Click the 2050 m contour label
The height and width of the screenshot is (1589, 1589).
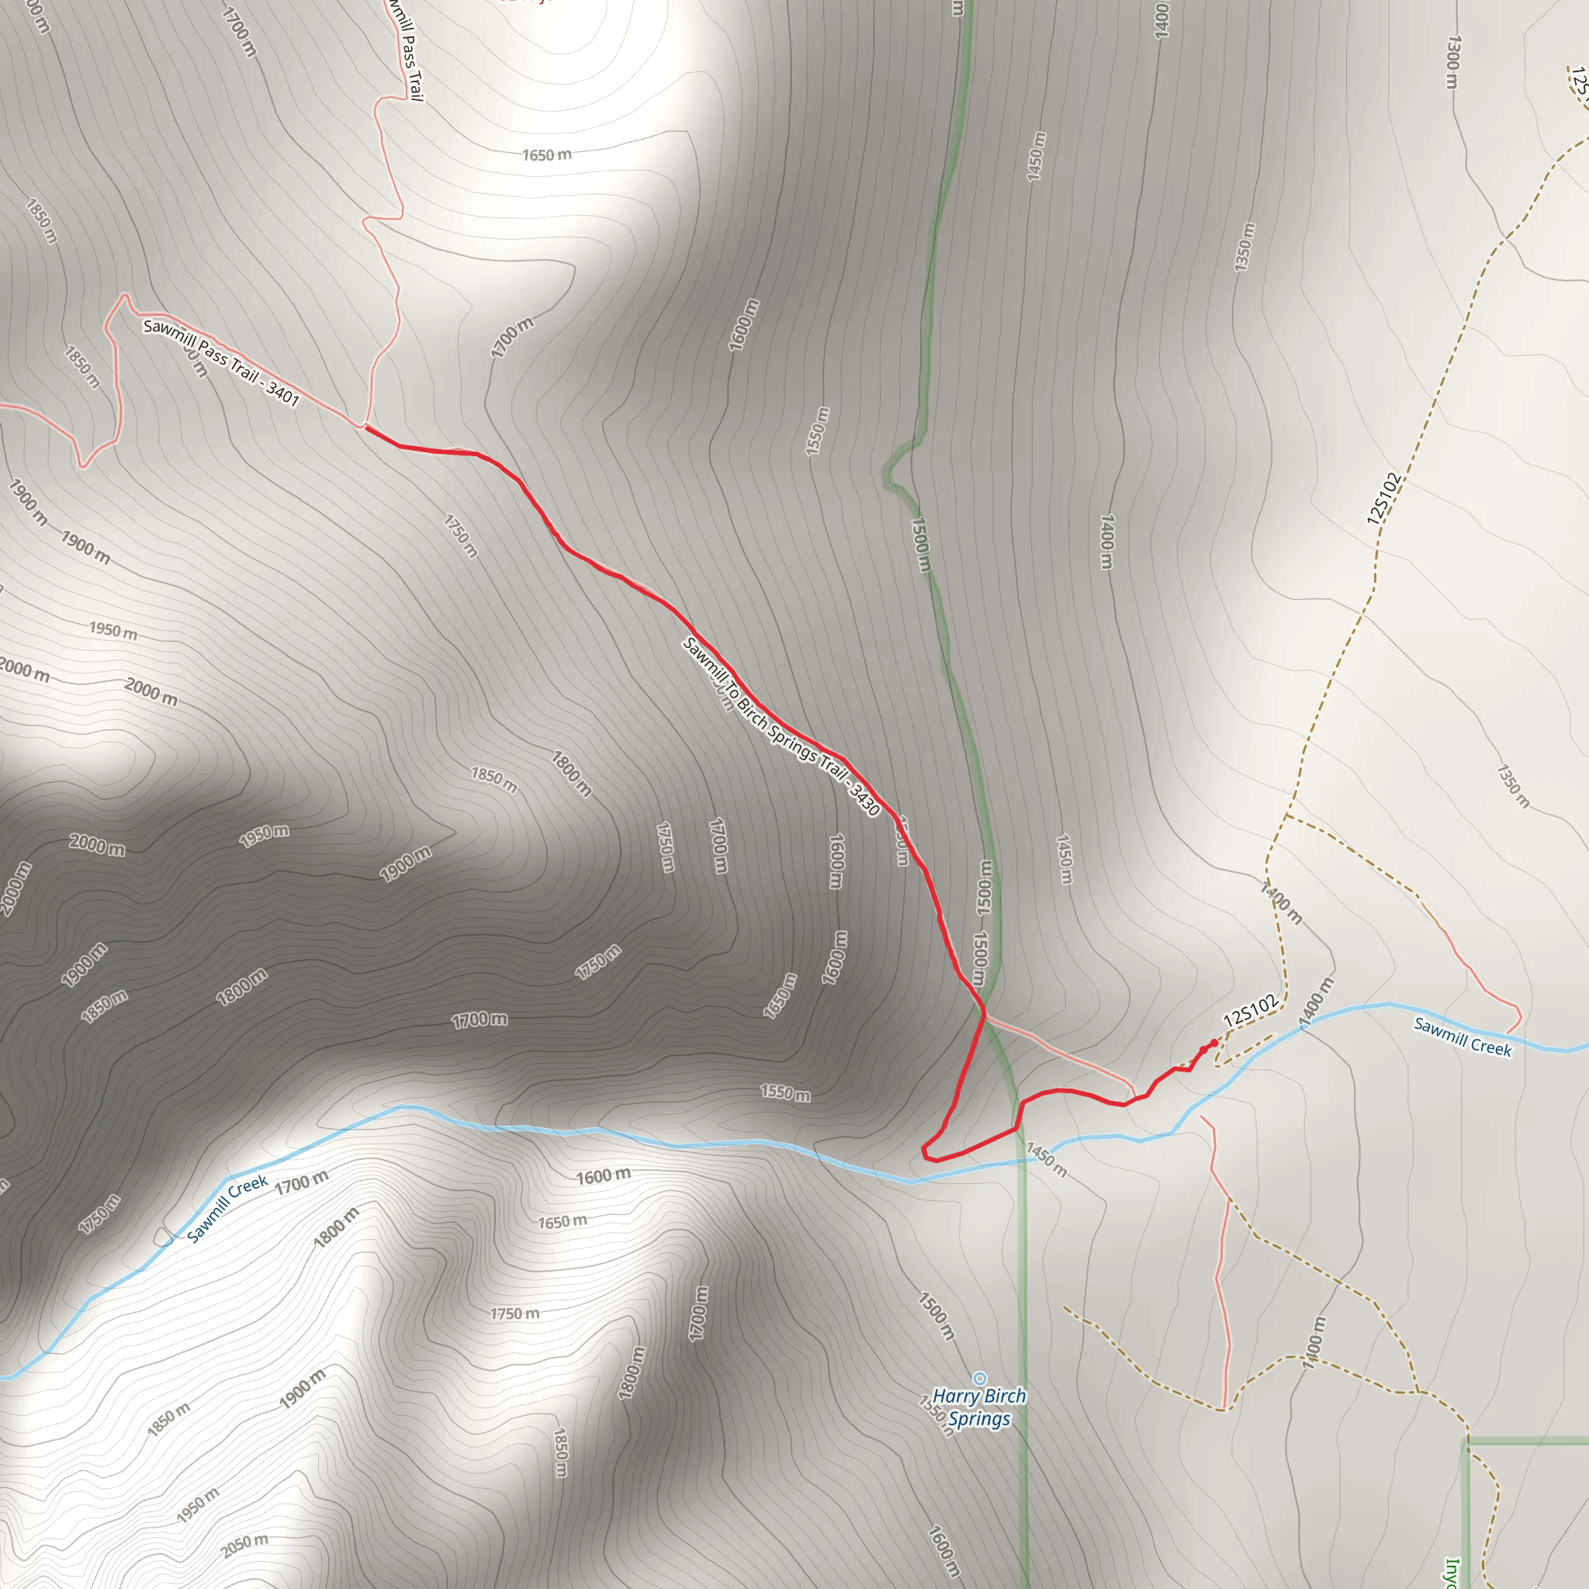point(244,1546)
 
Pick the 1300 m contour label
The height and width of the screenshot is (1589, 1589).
point(1453,62)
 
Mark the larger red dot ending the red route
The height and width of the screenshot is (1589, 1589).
point(1214,1043)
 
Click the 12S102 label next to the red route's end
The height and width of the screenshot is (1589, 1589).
point(1250,1010)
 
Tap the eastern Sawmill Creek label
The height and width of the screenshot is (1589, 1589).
point(1463,1036)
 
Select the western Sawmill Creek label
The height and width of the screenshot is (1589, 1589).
point(227,1208)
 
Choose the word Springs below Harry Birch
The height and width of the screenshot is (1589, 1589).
point(978,1419)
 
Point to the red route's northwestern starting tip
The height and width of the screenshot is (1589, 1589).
point(367,428)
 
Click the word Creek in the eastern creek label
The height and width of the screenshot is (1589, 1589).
point(1490,1047)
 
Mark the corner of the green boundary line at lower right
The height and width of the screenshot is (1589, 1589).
point(1467,1441)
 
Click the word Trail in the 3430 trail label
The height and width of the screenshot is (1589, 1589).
point(834,767)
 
